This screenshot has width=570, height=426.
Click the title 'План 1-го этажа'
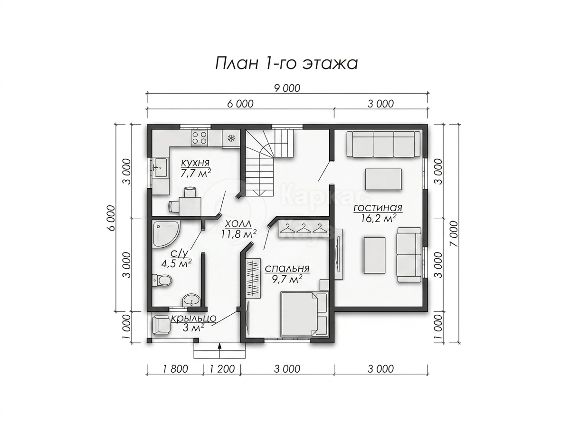tap(286, 64)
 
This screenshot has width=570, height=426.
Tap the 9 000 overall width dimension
tap(287, 88)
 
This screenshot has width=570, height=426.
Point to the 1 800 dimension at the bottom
tap(175, 369)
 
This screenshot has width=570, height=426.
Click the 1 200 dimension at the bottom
tap(222, 369)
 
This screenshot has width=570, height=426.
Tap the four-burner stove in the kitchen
tap(199, 138)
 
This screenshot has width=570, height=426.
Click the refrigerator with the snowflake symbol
tap(230, 138)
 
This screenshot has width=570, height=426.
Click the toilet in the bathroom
tap(162, 281)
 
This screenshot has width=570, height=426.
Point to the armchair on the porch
tap(161, 325)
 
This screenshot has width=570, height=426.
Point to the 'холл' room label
tap(238, 223)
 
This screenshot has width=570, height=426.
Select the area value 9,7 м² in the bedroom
tap(287, 280)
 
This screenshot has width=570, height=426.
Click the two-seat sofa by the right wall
tap(409, 255)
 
